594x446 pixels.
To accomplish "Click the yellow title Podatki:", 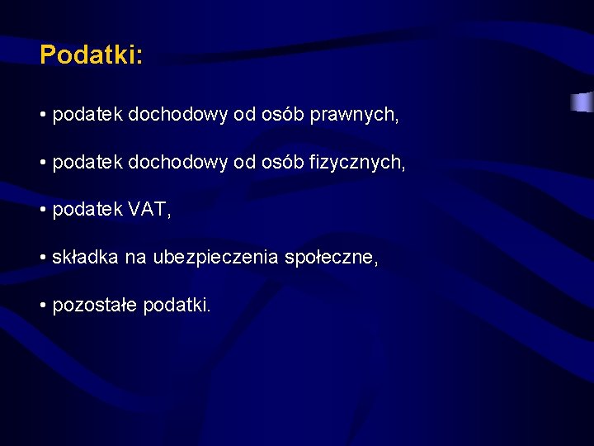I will point(91,55).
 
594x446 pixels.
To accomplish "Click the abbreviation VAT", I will point(149,211).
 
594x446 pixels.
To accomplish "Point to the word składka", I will point(86,258).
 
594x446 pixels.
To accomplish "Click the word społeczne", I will point(331,258).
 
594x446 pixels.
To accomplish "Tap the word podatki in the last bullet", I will point(177,306).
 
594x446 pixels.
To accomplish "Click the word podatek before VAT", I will point(87,211).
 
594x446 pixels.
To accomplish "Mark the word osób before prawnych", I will point(283,116).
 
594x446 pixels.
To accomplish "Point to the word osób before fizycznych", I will point(283,164).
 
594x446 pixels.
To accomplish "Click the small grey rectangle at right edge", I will point(582,102).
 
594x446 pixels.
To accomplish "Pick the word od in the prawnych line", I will point(245,116).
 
